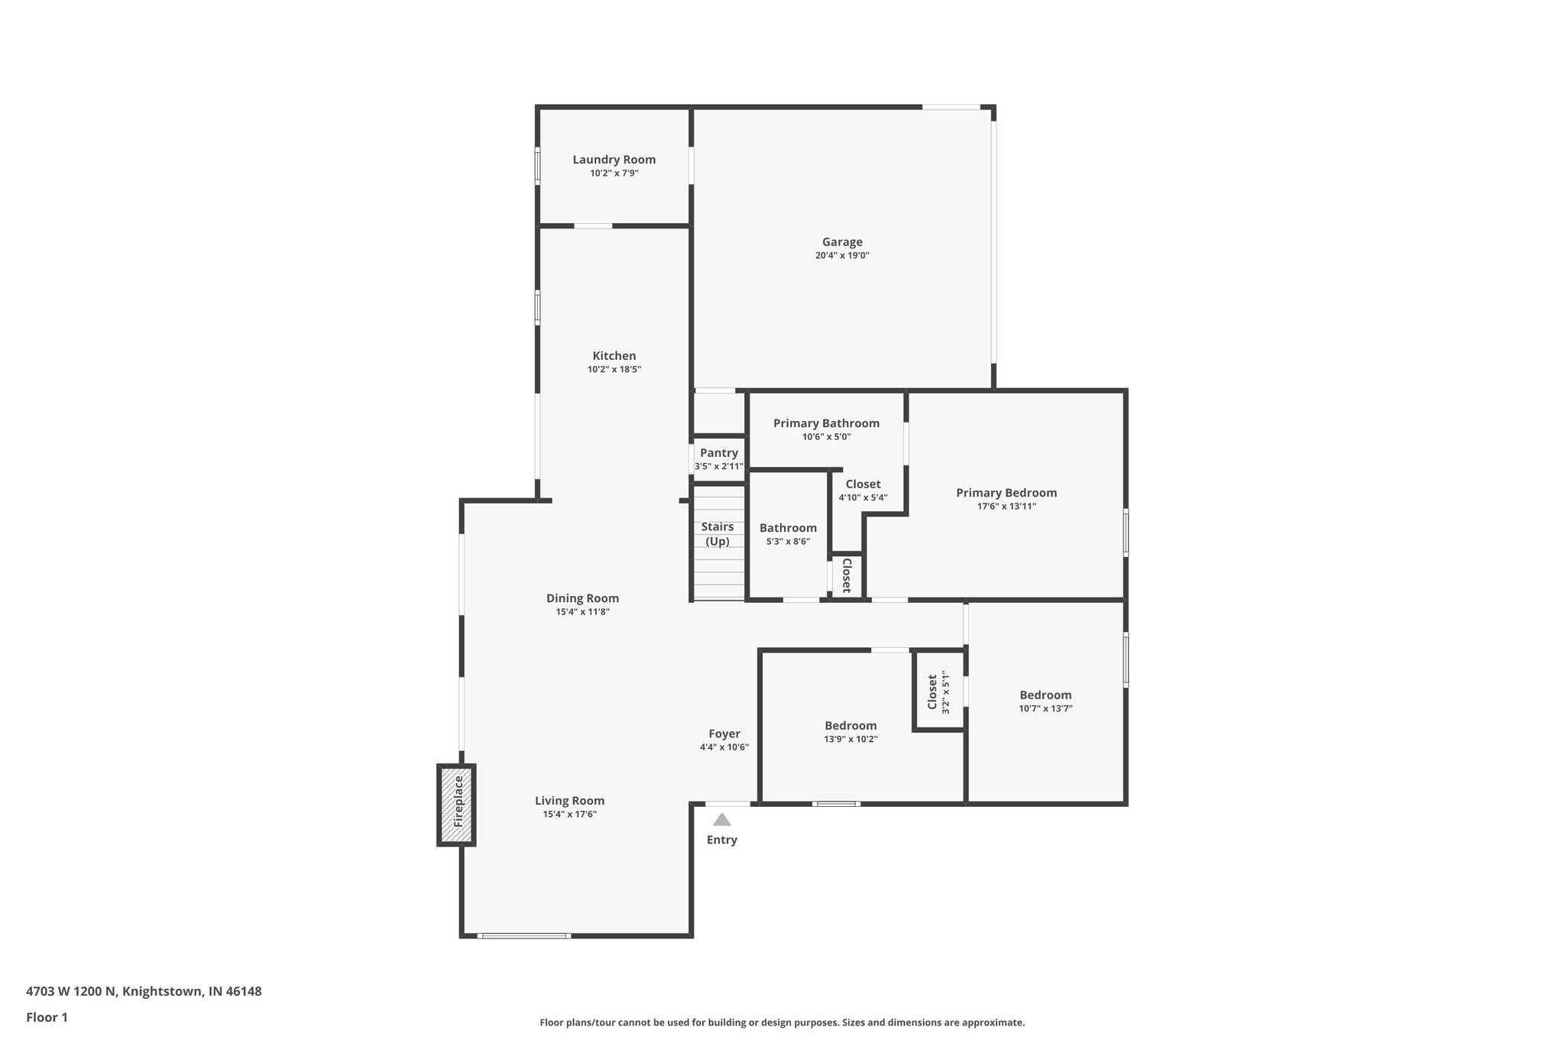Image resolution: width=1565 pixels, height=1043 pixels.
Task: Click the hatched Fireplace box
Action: pyautogui.click(x=457, y=805)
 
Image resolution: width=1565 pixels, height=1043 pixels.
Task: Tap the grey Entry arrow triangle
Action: pyautogui.click(x=721, y=820)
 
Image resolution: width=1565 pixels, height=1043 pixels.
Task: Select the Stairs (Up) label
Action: pyautogui.click(x=718, y=534)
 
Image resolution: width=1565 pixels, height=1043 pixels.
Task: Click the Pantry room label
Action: pyautogui.click(x=718, y=453)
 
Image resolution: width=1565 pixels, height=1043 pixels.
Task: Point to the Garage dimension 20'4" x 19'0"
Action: pyautogui.click(x=842, y=256)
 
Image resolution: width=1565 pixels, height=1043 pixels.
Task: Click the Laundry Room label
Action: pyautogui.click(x=614, y=160)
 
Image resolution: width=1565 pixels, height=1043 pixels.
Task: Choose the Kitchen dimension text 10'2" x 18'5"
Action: pyautogui.click(x=614, y=370)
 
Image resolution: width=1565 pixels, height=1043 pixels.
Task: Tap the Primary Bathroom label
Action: pyautogui.click(x=826, y=423)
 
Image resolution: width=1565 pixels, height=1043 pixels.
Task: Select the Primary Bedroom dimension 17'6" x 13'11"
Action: pyautogui.click(x=1006, y=507)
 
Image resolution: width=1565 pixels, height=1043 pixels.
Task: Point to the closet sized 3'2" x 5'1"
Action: pyautogui.click(x=938, y=692)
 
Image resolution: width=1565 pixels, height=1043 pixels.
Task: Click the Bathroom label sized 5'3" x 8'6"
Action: pyautogui.click(x=788, y=528)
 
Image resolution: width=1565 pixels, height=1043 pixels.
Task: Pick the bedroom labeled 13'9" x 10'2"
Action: pyautogui.click(x=851, y=726)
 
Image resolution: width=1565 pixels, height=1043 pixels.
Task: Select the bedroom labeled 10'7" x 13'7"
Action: pyautogui.click(x=1045, y=695)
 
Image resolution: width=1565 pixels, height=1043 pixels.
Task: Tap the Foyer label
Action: pyautogui.click(x=724, y=734)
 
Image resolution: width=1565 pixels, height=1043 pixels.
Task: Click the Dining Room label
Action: pyautogui.click(x=582, y=598)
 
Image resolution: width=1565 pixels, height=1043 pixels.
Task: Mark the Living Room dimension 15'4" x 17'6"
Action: pyautogui.click(x=569, y=815)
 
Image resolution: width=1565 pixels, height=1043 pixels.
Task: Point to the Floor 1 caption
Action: pyautogui.click(x=47, y=1017)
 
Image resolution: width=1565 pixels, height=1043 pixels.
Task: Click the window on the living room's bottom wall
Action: pyautogui.click(x=524, y=935)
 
